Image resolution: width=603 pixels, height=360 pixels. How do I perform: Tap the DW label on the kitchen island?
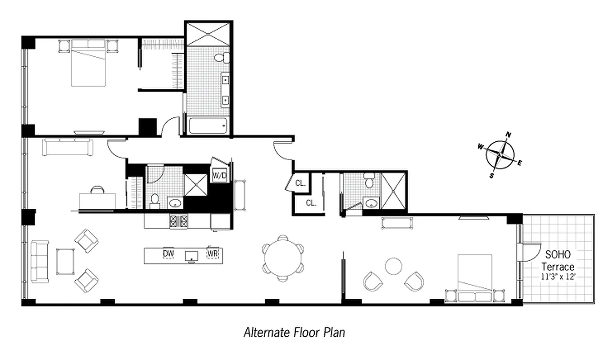coord(168,254)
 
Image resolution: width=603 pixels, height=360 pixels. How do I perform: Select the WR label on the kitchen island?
coord(213,254)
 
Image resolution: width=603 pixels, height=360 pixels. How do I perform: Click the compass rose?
coord(500,154)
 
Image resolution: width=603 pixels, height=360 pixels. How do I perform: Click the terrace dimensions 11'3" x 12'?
coord(559,276)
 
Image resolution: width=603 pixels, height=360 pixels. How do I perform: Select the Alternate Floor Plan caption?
coord(294,333)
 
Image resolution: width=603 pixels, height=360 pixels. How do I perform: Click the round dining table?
coord(282,258)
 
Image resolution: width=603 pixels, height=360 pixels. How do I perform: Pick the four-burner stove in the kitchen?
coord(178,220)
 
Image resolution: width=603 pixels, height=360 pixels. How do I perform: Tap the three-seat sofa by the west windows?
coord(39,261)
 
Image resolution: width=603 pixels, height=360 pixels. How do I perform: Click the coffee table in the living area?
coord(65,261)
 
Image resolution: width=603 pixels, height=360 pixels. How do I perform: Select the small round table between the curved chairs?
coord(394,266)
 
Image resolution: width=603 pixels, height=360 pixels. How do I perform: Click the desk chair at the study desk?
coord(96,190)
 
